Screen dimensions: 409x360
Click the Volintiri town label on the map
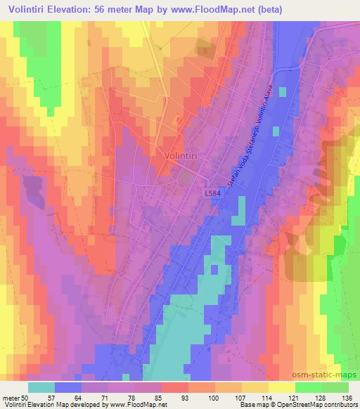[181, 156]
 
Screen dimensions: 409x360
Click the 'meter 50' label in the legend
[16, 397]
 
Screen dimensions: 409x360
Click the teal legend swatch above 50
[41, 387]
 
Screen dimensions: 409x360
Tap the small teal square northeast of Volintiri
[283, 91]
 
